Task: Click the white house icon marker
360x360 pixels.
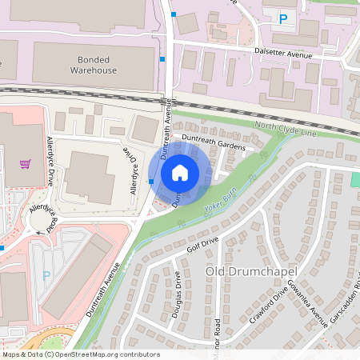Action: tap(180, 173)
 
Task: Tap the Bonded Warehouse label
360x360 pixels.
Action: tap(97, 65)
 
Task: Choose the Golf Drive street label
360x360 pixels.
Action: tap(202, 242)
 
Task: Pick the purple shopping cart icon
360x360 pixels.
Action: tap(26, 164)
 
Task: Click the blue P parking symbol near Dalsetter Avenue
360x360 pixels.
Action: tap(282, 18)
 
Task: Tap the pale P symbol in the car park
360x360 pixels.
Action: tap(46, 275)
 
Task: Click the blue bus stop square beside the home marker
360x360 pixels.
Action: tap(151, 182)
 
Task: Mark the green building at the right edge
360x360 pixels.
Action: tap(355, 178)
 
